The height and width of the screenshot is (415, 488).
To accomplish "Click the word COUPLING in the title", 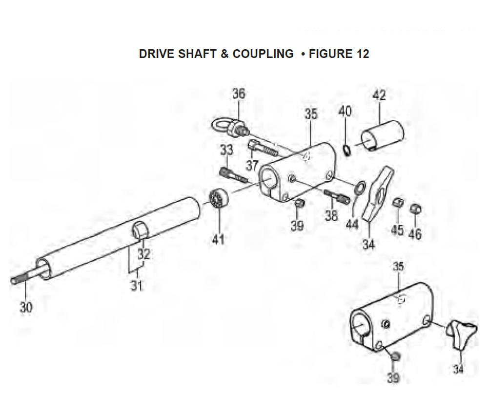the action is [263, 54].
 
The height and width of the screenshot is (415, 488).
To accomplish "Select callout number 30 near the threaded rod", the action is [26, 307].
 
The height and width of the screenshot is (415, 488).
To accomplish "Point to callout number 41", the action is [218, 239].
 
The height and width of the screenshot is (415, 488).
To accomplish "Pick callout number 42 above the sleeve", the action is [379, 95].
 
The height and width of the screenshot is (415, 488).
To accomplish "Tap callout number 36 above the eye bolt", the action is [239, 94].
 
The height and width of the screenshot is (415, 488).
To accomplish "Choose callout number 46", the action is [415, 234].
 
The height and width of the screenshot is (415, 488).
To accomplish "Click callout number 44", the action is [352, 224].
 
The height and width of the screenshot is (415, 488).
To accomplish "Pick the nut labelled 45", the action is [398, 203].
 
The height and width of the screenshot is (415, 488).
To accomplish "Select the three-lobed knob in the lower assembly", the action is [461, 335].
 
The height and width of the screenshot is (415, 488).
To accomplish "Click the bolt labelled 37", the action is [264, 148].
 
